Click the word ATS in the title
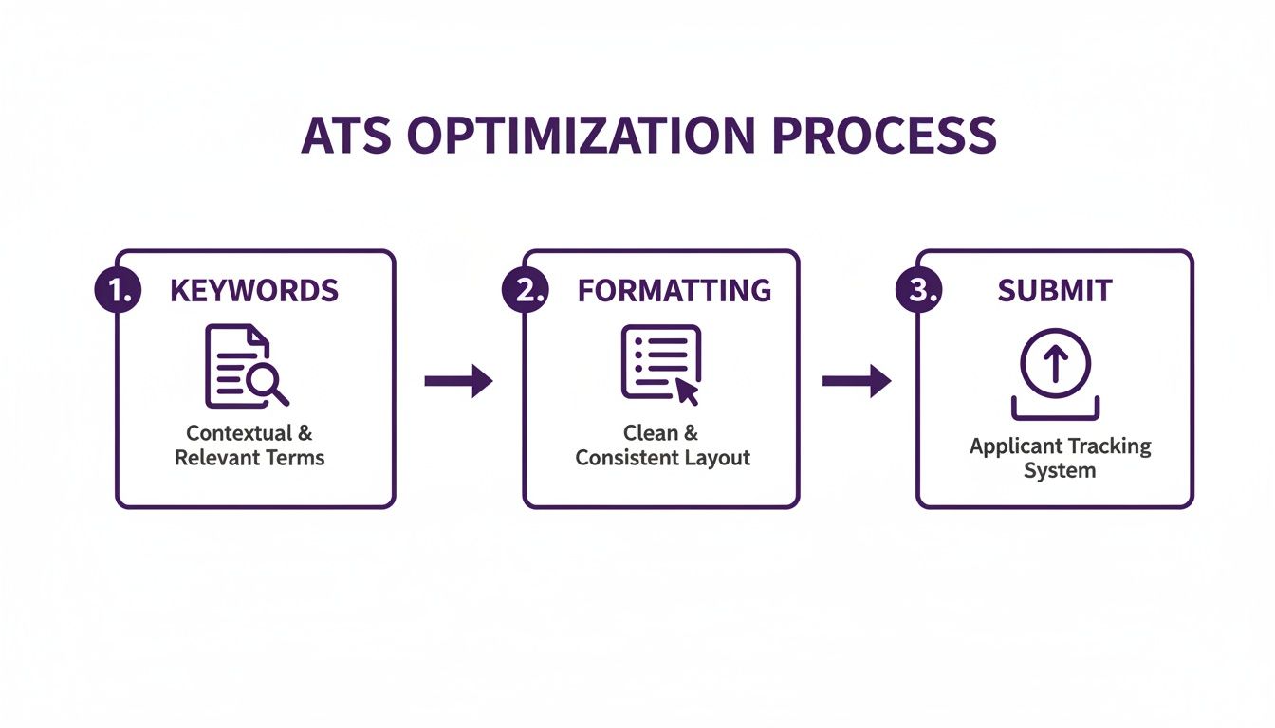346,136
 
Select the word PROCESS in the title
884,136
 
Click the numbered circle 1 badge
118,289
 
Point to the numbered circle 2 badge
525,289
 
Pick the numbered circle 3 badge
918,289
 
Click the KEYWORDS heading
254,291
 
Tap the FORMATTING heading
674,291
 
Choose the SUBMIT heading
1055,291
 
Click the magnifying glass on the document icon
267,382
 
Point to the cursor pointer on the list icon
687,391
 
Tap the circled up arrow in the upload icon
1055,363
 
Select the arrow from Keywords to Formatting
459,381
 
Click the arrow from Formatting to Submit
857,381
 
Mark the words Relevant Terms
249,458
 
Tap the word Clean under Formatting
650,433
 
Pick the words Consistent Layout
662,459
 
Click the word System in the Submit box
1060,471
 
